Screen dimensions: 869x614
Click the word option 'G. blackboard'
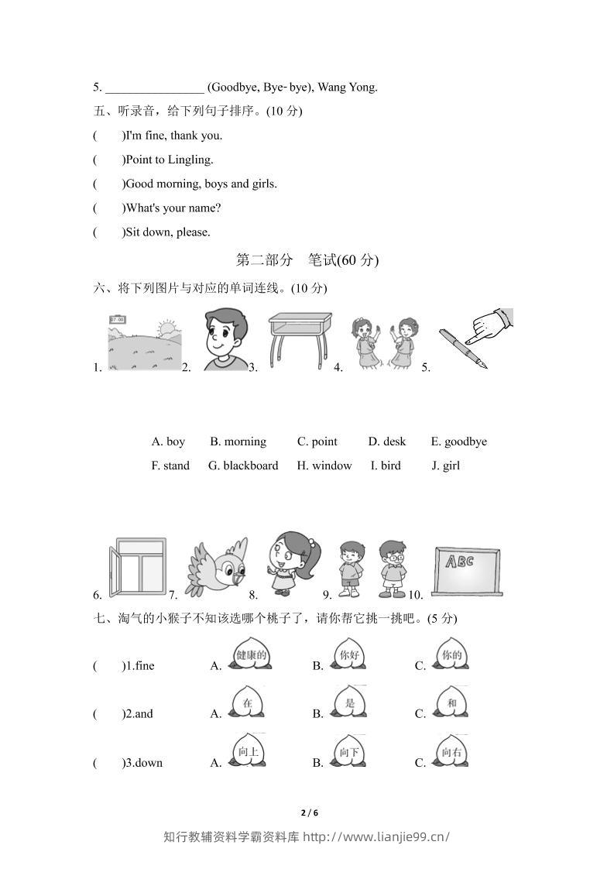243,465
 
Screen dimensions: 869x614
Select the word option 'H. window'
324,465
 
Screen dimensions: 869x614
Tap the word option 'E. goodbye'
459,441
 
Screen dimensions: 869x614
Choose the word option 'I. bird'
386,465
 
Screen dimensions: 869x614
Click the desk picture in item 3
300,339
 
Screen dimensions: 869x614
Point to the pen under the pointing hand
463,349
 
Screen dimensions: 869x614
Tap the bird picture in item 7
217,568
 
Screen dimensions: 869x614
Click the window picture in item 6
137,568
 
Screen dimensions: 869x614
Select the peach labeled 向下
350,752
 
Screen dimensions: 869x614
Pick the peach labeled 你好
350,655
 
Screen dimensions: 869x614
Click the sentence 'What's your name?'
173,208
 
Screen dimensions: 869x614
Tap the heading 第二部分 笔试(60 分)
307,260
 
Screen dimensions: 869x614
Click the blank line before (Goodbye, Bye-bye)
154,88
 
